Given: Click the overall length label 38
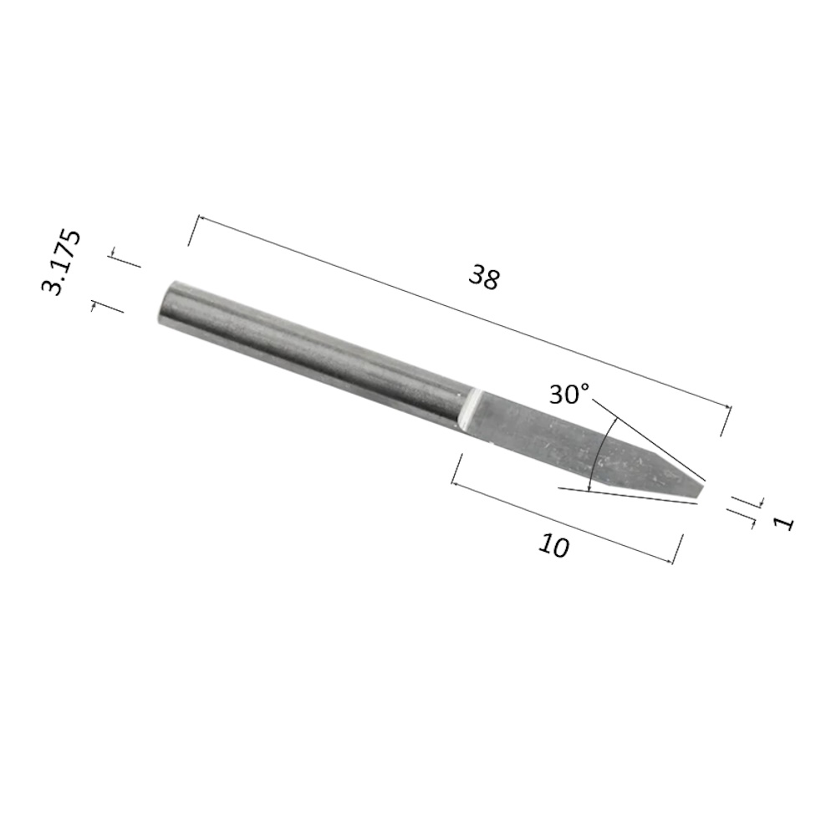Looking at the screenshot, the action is click(484, 278).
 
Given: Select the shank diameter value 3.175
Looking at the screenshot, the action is click(61, 262).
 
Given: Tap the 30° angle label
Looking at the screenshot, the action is click(569, 395).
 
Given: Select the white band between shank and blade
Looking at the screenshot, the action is click(469, 410).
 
